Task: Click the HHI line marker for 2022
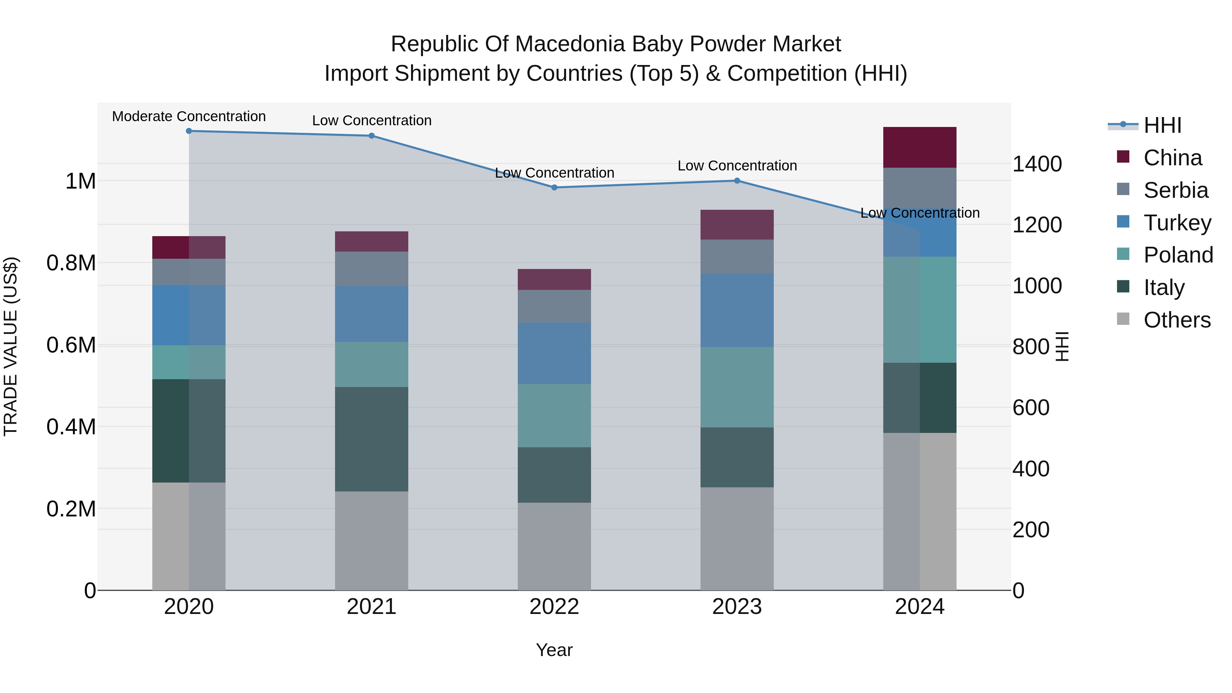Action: (x=554, y=188)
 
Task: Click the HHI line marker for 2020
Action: (x=189, y=131)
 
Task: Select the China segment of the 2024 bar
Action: (x=919, y=147)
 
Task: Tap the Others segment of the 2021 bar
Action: (x=372, y=540)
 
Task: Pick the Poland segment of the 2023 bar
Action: (x=737, y=387)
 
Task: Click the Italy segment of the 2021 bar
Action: (x=372, y=439)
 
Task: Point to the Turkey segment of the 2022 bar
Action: (x=554, y=354)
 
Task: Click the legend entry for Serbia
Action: (x=1176, y=190)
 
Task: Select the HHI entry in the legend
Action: (x=1162, y=125)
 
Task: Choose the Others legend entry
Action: (x=1177, y=320)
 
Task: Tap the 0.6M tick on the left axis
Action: (x=71, y=345)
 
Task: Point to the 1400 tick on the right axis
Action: (x=1037, y=164)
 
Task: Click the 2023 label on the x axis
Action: (x=737, y=607)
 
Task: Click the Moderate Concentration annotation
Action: (x=189, y=117)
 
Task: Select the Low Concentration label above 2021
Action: (x=372, y=120)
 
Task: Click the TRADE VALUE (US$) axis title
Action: (x=11, y=346)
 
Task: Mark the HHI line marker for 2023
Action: (x=737, y=181)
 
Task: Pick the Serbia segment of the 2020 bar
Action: (x=189, y=272)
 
